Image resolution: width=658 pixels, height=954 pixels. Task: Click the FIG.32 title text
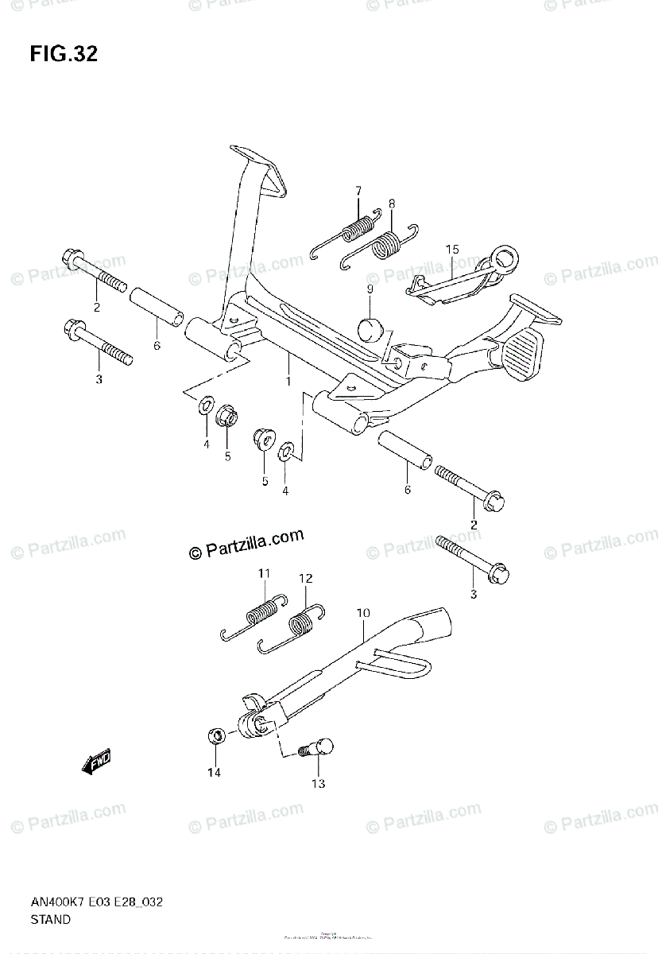click(64, 54)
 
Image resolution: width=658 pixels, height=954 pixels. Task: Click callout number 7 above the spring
click(358, 190)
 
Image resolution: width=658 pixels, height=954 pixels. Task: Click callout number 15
click(451, 250)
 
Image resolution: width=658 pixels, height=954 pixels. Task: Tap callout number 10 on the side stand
click(363, 613)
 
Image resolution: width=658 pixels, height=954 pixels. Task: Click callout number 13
click(318, 784)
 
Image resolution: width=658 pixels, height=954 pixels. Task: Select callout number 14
click(215, 772)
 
